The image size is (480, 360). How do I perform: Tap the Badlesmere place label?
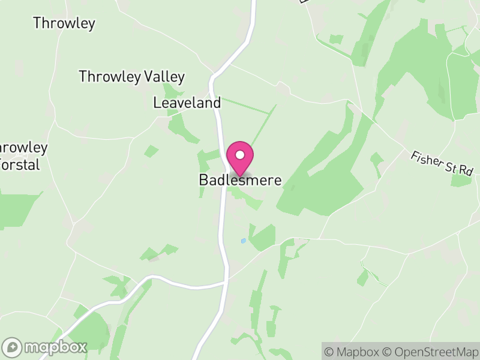[x=240, y=180]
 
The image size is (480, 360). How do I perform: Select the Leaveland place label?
[x=187, y=103]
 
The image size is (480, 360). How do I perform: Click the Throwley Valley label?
[x=131, y=77]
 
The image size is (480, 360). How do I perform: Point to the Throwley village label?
[x=64, y=23]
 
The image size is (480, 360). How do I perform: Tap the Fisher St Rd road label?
[x=442, y=163]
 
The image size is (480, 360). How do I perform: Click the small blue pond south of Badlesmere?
[x=243, y=241]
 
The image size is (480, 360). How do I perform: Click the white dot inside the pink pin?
[x=240, y=155]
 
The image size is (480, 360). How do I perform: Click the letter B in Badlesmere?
[x=203, y=180]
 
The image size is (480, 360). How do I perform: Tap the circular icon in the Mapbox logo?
[x=12, y=347]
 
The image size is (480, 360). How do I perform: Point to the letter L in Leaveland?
[x=157, y=103]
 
